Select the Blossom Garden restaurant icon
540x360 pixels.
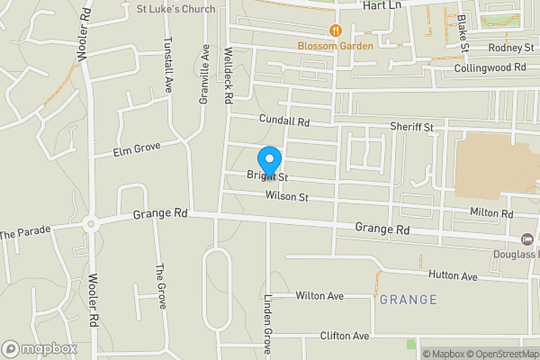[x=336, y=30]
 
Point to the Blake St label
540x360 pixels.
[x=463, y=31]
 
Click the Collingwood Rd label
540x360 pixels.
[x=490, y=67]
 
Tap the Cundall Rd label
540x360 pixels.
[x=283, y=120]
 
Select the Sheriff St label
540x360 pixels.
[x=411, y=128]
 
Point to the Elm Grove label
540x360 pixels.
[x=136, y=150]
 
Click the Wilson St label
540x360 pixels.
[x=287, y=196]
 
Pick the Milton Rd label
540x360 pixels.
[x=491, y=213]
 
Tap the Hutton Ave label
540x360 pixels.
[x=453, y=276]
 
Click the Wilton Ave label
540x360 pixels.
[x=320, y=295]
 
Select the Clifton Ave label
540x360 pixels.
[x=345, y=336]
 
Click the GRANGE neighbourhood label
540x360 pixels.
[x=408, y=299]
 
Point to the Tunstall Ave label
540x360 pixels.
[x=168, y=65]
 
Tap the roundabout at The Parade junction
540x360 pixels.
[x=90, y=224]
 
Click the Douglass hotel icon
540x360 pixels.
[x=527, y=238]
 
